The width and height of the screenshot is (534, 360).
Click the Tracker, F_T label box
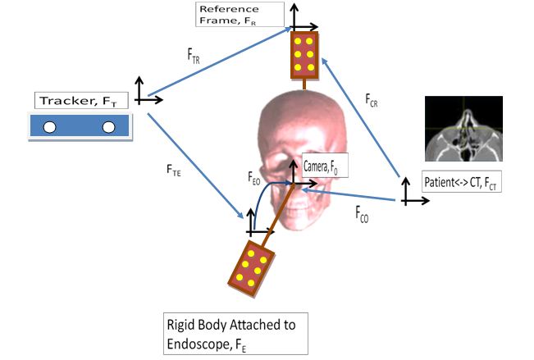81,102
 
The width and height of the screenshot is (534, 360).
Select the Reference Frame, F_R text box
239,14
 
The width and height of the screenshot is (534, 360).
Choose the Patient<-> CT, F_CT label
460,181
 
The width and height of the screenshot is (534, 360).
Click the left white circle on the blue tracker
49,126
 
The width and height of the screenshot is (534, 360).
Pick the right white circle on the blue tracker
109,126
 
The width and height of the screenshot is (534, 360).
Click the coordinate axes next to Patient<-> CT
408,193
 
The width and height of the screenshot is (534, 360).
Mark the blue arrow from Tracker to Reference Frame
221,62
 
